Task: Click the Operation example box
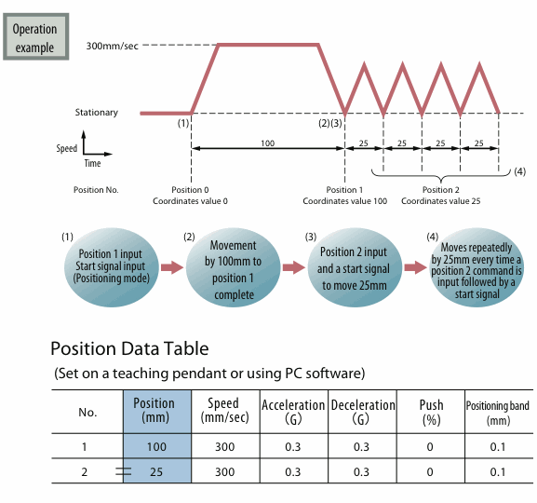coord(36,36)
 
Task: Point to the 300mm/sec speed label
coord(113,46)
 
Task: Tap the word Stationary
coord(97,113)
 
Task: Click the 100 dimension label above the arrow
coord(267,143)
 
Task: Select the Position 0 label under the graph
coord(190,190)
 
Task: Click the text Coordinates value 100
coord(345,201)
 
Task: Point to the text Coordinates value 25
coord(441,201)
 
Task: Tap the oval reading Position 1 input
coord(112,267)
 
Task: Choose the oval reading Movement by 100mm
coord(234,267)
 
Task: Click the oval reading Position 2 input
coord(355,267)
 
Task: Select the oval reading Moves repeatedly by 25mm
coord(477,267)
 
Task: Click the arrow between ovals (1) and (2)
coord(172,267)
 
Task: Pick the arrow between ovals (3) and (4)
coord(416,267)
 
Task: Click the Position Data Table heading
coord(129,348)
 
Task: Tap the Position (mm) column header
coord(154,411)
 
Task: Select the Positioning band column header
coord(498,413)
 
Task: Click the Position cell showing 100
coord(156,447)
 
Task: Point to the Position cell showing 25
coord(156,472)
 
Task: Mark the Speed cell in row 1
coord(225,447)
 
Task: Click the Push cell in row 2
coord(430,472)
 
